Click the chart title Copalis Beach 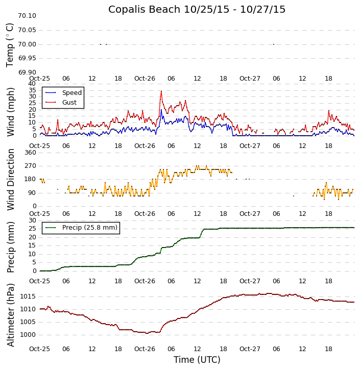(x=197, y=10)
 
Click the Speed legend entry (x=71, y=93)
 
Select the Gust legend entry (x=69, y=103)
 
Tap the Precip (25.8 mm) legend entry (x=89, y=228)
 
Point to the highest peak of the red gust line (x=161, y=91)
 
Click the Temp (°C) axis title (x=10, y=45)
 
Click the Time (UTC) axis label (x=197, y=360)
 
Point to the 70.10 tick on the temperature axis (x=27, y=16)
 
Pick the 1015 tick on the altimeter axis (x=28, y=297)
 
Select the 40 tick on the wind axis (x=32, y=84)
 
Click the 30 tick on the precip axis (x=32, y=220)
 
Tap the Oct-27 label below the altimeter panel (x=250, y=349)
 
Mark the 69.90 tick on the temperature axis (x=27, y=72)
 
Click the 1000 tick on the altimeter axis (x=28, y=335)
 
